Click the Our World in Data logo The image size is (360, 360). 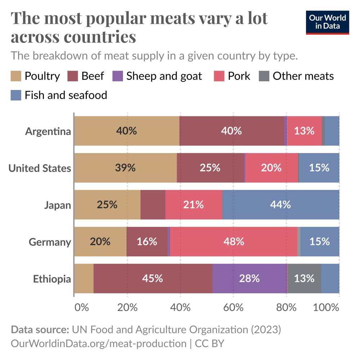327,22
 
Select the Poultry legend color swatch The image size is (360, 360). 16,76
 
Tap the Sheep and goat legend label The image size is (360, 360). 164,76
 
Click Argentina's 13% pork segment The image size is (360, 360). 304,131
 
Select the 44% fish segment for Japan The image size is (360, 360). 280,204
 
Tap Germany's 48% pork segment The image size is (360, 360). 234,242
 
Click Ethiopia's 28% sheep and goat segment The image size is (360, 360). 249,278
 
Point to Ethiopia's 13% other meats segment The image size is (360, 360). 304,278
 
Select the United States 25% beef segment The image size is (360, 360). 210,168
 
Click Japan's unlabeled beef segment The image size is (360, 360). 153,204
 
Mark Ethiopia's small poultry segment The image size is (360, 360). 84,278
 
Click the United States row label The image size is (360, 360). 40,168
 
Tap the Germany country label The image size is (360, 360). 50,242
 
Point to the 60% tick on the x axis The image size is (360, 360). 234,308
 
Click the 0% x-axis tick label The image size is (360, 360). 81,308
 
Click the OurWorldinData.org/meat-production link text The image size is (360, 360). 99,343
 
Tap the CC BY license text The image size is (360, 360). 210,343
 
